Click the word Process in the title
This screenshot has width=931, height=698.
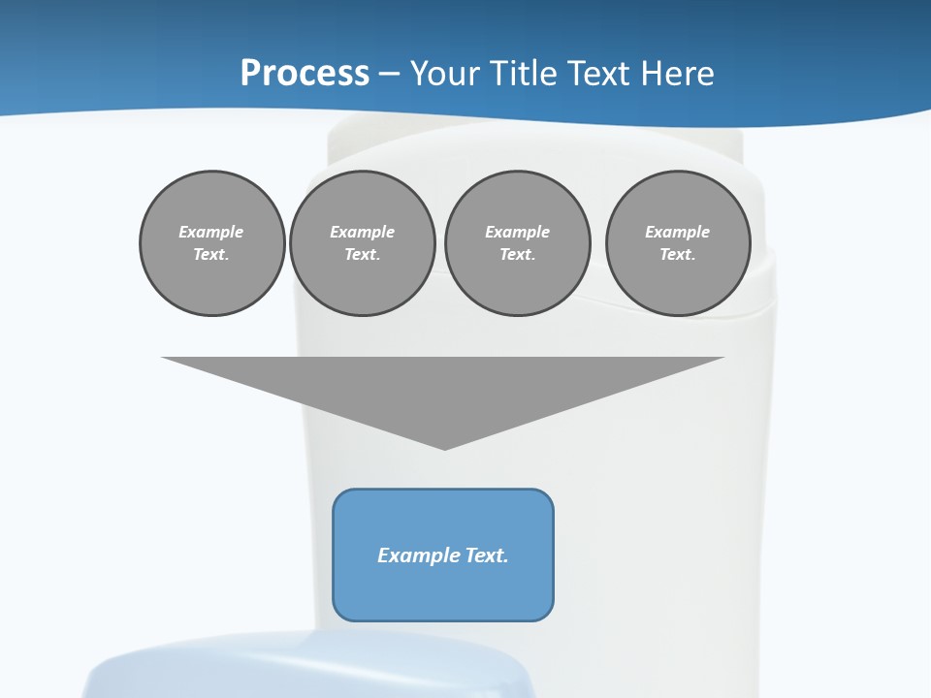click(305, 74)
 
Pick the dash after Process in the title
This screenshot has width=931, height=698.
click(389, 75)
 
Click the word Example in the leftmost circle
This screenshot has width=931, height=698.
click(211, 232)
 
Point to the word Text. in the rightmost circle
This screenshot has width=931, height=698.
click(678, 254)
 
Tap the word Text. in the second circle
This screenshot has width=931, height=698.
click(362, 254)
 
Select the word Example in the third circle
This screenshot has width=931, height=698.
click(517, 232)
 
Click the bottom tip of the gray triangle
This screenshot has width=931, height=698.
click(444, 447)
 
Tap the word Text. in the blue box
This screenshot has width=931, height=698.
click(486, 555)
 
